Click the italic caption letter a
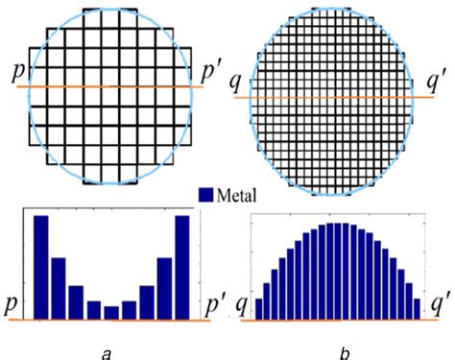105,350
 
